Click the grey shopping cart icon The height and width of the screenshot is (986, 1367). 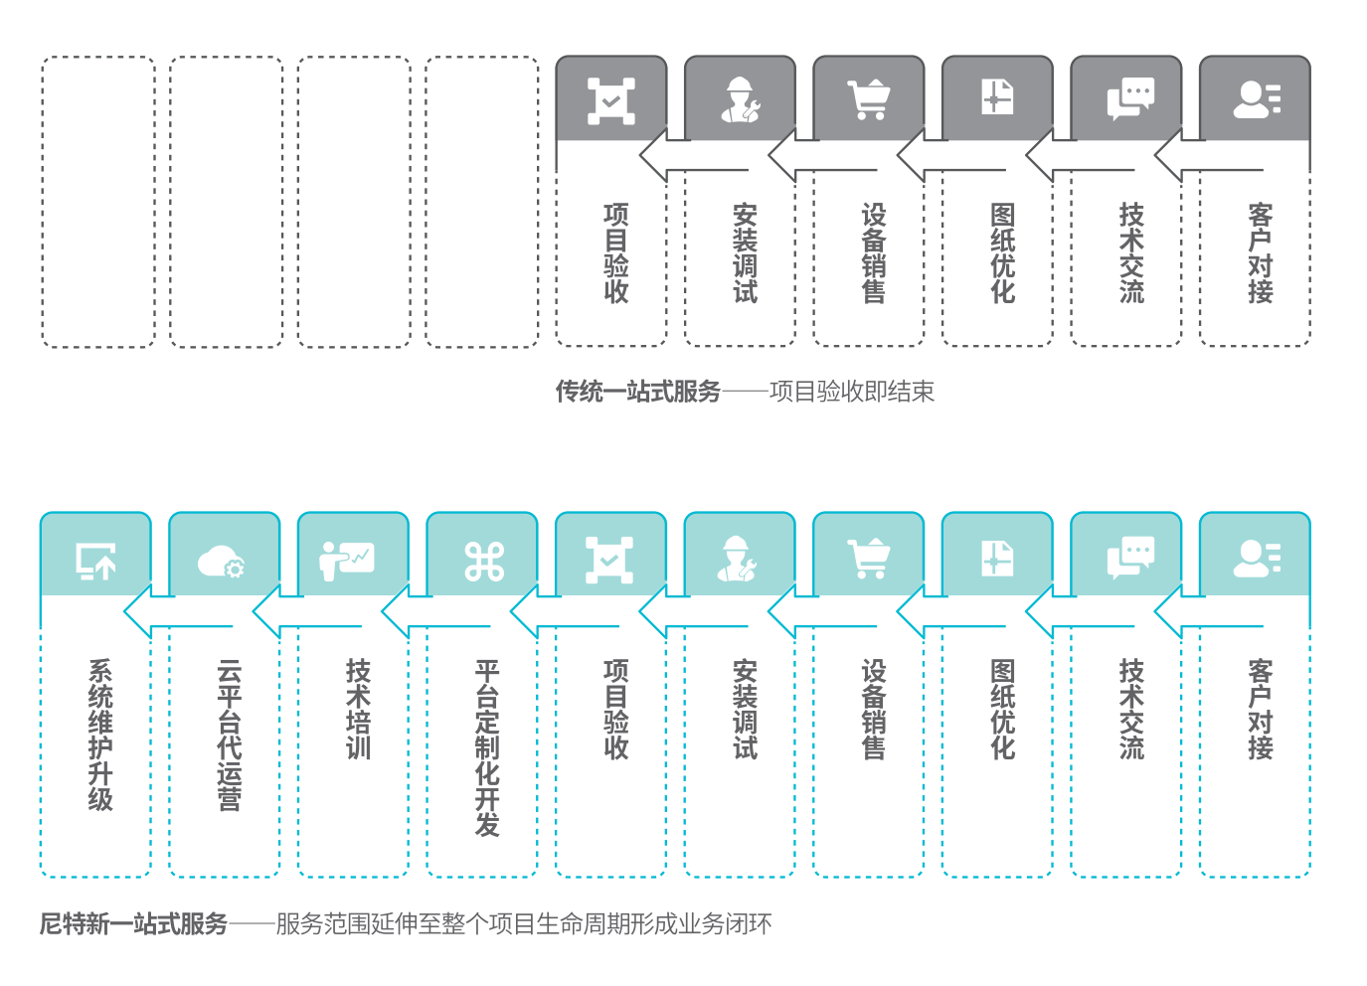click(869, 99)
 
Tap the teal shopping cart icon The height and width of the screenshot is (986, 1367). click(869, 558)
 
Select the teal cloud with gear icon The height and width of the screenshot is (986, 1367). click(222, 562)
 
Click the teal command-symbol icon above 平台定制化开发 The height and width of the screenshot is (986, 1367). click(484, 562)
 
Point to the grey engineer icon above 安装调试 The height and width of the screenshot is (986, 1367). click(741, 99)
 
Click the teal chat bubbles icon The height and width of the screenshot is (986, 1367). click(1130, 558)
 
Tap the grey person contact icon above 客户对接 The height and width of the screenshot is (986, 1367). click(1257, 99)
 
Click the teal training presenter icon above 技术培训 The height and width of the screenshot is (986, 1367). click(347, 561)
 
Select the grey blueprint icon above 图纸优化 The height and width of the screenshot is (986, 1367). click(997, 97)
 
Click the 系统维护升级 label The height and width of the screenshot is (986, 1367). click(100, 735)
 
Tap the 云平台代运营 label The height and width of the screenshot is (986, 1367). click(229, 735)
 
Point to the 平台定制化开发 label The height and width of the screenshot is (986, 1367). click(487, 747)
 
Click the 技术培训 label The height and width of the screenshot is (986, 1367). click(358, 709)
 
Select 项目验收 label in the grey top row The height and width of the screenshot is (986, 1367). click(616, 252)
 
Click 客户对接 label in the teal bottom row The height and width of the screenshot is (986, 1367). click(1261, 709)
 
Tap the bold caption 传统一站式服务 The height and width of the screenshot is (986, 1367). click(637, 392)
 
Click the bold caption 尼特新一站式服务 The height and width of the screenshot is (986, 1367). click(133, 924)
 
